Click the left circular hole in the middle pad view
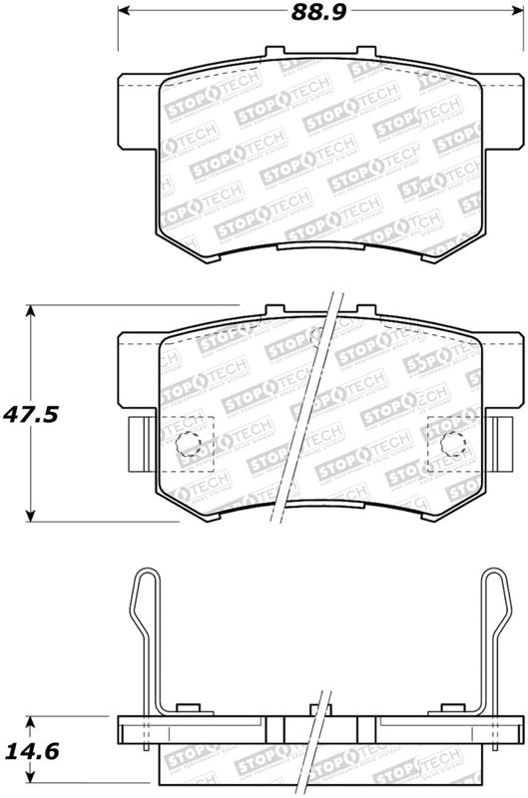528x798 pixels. [187, 446]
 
